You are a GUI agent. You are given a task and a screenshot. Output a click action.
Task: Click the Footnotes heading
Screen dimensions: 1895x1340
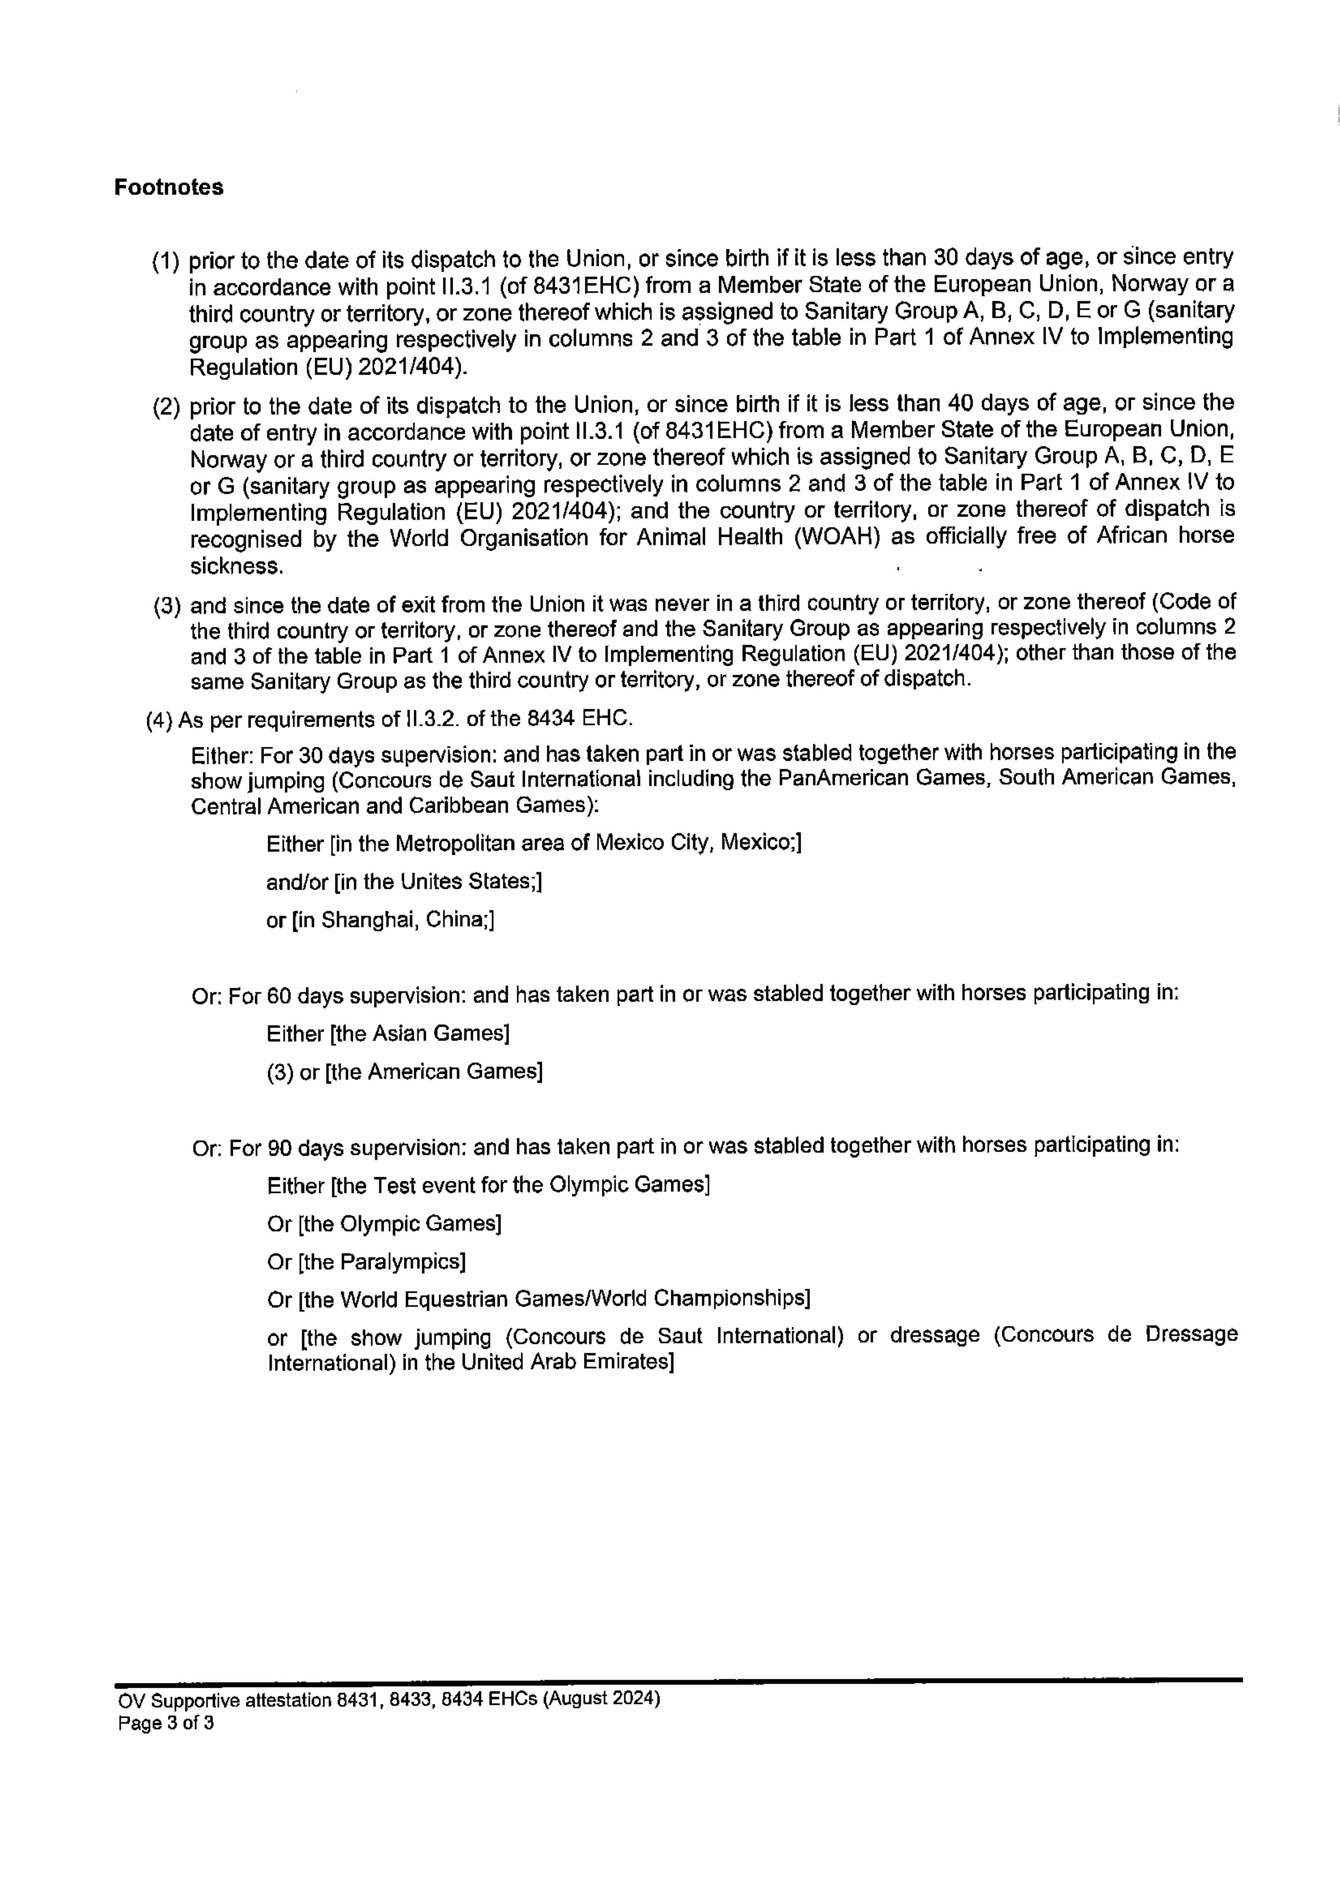168,187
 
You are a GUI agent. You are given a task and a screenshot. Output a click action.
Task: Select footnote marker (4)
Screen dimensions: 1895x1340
159,720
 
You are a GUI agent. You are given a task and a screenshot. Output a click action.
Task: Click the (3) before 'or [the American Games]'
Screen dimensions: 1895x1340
280,1071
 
